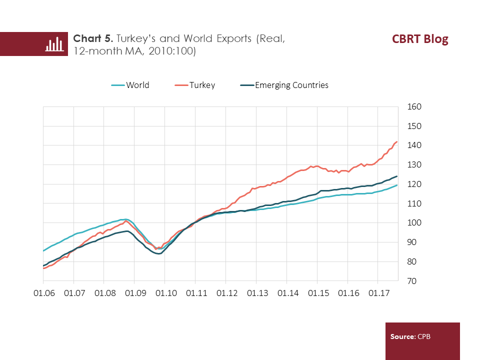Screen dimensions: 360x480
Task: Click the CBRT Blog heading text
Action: tap(420, 39)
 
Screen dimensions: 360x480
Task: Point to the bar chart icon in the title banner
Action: tap(54, 44)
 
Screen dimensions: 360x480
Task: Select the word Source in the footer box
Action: tap(402, 337)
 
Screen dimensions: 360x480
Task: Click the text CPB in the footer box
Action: tap(423, 337)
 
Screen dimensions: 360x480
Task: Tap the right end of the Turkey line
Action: tap(397, 142)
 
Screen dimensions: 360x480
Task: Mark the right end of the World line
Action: tap(397, 185)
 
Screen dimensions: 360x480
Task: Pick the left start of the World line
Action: tap(43, 250)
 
